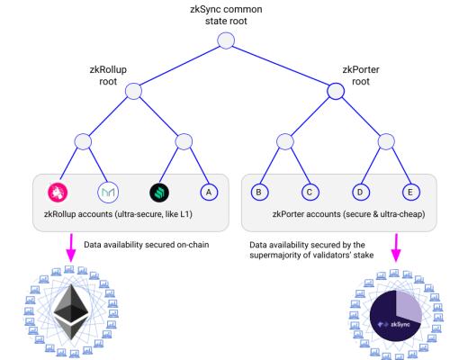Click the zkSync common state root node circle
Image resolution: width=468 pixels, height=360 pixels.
226,40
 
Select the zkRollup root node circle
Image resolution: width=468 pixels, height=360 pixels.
134,91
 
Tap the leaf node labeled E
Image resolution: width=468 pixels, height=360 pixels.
411,192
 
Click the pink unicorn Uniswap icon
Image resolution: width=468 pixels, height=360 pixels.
59,192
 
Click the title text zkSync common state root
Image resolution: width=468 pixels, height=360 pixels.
226,13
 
